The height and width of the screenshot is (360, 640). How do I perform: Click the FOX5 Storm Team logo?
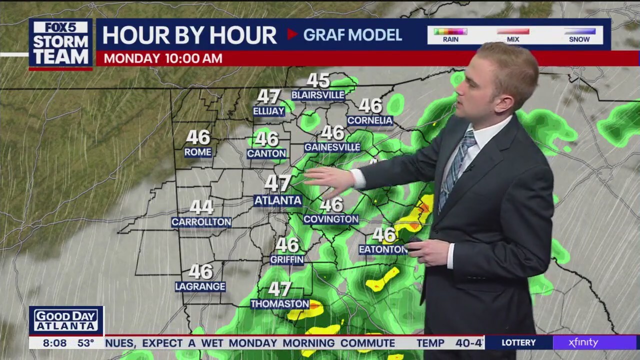(x=60, y=43)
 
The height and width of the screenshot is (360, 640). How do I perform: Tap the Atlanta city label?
(x=278, y=200)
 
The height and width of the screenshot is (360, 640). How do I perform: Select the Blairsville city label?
(x=318, y=95)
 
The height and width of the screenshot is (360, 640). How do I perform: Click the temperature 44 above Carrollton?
(x=201, y=207)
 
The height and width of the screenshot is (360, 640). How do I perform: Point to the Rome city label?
(x=198, y=152)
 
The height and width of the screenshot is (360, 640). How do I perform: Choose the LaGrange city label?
(x=200, y=286)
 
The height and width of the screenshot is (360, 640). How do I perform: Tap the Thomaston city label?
(x=279, y=303)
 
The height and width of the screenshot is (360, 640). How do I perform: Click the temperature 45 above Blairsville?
(x=318, y=80)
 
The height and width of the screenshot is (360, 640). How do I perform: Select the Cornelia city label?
(x=370, y=120)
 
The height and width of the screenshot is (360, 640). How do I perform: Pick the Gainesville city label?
(x=332, y=147)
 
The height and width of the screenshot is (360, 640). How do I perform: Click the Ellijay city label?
(x=268, y=111)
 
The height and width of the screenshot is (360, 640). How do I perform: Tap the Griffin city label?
(x=287, y=259)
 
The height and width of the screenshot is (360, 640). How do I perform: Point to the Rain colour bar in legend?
(x=450, y=31)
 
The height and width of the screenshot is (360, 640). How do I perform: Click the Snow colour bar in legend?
(x=579, y=31)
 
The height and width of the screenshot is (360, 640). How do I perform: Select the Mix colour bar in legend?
(x=513, y=31)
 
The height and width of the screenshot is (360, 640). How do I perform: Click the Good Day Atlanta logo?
(x=66, y=320)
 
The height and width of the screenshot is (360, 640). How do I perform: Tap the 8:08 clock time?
(x=55, y=343)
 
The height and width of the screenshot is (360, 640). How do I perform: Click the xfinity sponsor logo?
(x=583, y=342)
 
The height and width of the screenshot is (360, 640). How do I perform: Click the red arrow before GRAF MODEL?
(x=292, y=34)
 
